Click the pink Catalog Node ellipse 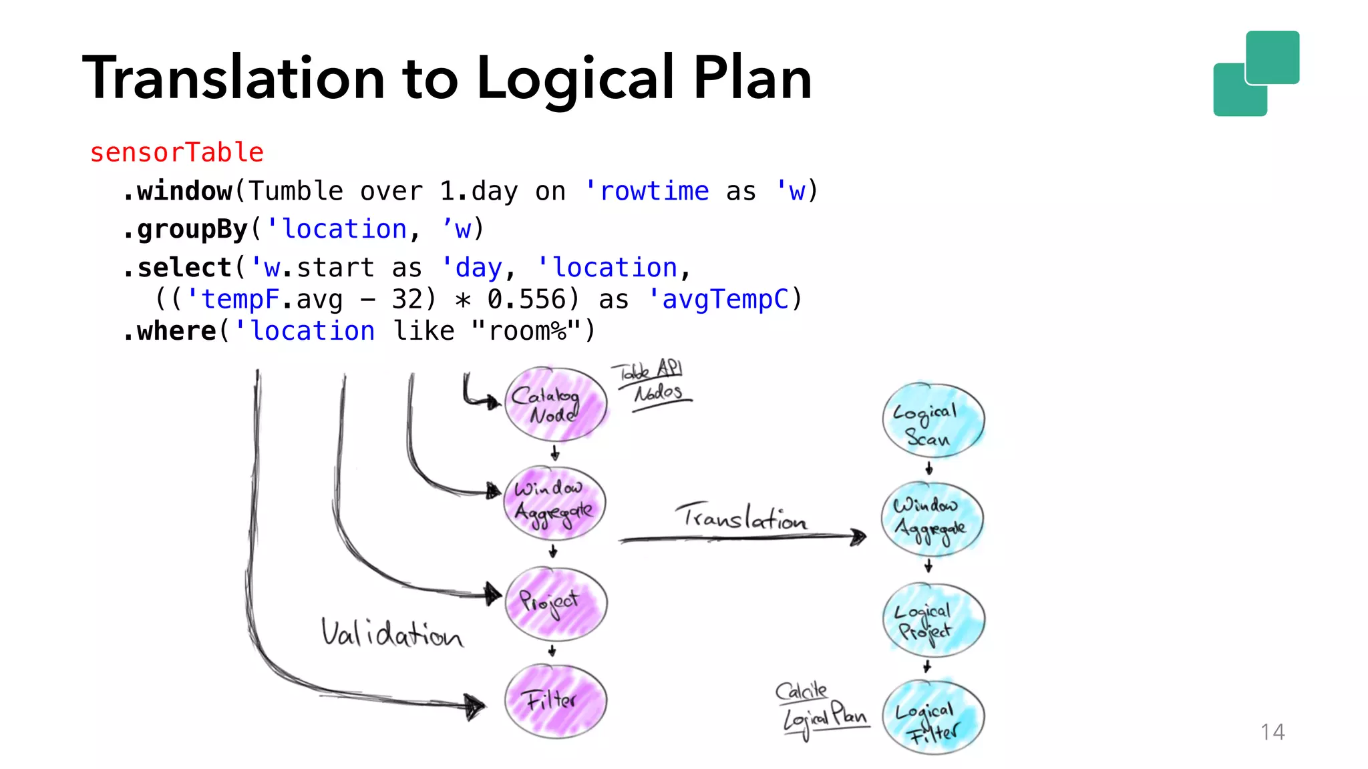point(555,404)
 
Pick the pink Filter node point(555,701)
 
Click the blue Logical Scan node point(933,421)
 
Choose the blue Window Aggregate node point(932,519)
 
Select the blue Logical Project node point(933,619)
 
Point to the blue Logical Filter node point(933,718)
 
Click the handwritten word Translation point(741,517)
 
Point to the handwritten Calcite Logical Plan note point(822,709)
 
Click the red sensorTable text point(177,152)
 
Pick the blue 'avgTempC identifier point(719,299)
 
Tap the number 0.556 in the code point(527,299)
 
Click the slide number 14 point(1272,732)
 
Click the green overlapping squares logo point(1256,73)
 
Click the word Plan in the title point(752,78)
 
